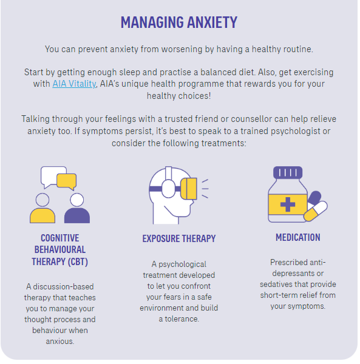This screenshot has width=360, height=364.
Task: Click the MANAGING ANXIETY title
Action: point(179,22)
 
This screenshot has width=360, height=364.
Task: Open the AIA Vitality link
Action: point(74,84)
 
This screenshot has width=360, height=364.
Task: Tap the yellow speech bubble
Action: point(67,181)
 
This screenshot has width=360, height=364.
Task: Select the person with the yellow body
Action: point(42,209)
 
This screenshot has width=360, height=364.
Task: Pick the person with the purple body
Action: point(77,209)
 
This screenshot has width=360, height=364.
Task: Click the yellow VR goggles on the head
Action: point(189,189)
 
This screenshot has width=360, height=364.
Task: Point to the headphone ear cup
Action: point(169,189)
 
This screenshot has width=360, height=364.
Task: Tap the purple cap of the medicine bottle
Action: point(288,172)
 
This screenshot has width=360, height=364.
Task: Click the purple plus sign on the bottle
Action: point(288,204)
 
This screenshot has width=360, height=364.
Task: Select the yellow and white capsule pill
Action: point(316,211)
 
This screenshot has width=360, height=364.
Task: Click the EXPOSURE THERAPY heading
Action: point(179,238)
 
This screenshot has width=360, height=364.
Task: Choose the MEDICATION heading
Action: point(298,237)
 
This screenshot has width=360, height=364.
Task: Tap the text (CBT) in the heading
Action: point(78,261)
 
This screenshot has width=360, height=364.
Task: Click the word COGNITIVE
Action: point(60,238)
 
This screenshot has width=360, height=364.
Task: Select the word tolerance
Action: point(182,319)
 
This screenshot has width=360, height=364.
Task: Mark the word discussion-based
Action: point(63,287)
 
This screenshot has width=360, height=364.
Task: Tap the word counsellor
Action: point(251,119)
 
